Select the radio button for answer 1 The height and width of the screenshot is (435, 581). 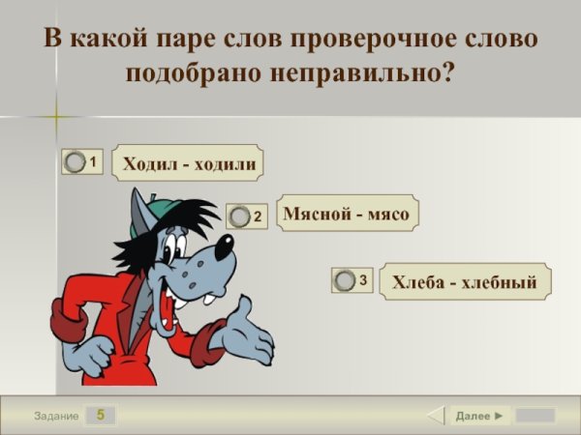coord(75,163)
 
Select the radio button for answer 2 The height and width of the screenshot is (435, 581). coord(239,217)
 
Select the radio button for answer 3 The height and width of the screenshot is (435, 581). coord(345,280)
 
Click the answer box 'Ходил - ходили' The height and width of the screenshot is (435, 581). coord(189,163)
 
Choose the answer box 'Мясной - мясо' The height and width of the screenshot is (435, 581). coord(347,214)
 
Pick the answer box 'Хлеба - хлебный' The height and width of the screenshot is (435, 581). coord(464,281)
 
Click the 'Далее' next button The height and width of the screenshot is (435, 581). coord(479,416)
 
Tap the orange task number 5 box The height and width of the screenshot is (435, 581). coord(100,416)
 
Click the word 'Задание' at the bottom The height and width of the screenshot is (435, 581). coord(55,416)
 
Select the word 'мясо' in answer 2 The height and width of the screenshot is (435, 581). coord(387,214)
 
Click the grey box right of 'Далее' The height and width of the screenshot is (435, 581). coord(535,416)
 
